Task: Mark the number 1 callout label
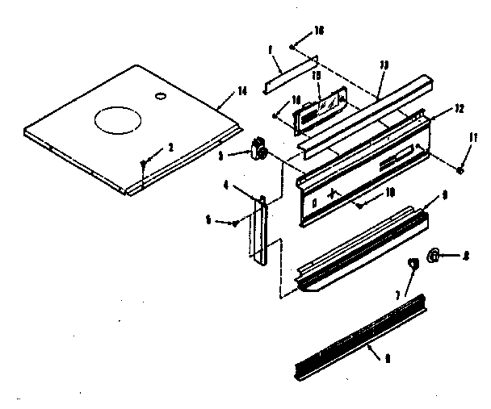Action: (x=269, y=49)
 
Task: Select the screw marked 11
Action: (x=458, y=170)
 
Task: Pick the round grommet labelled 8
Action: (x=433, y=257)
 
